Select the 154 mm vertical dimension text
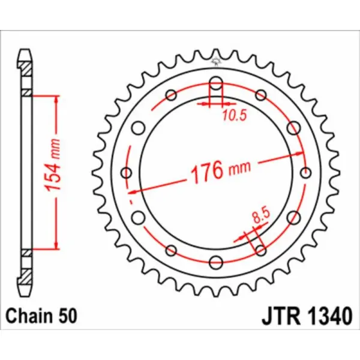[x=53, y=172]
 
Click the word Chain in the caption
[x=27, y=315]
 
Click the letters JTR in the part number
[x=279, y=315]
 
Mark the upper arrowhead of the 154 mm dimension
[x=56, y=98]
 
